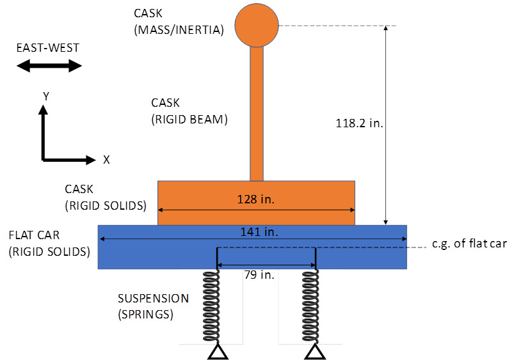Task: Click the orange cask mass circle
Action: (x=257, y=26)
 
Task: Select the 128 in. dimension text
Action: (x=256, y=200)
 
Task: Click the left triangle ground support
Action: (x=218, y=351)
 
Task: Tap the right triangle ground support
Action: (x=313, y=351)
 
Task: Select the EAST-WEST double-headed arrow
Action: (x=49, y=65)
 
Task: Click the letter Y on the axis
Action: (x=46, y=97)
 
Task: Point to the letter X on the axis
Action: (x=106, y=160)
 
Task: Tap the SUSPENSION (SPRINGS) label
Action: (x=154, y=306)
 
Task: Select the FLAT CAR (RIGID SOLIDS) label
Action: (x=49, y=243)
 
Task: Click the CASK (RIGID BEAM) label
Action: (x=189, y=111)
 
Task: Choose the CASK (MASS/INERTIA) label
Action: (x=178, y=21)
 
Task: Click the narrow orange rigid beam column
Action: (x=257, y=115)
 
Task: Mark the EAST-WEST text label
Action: (x=49, y=48)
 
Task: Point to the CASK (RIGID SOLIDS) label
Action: (x=106, y=197)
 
